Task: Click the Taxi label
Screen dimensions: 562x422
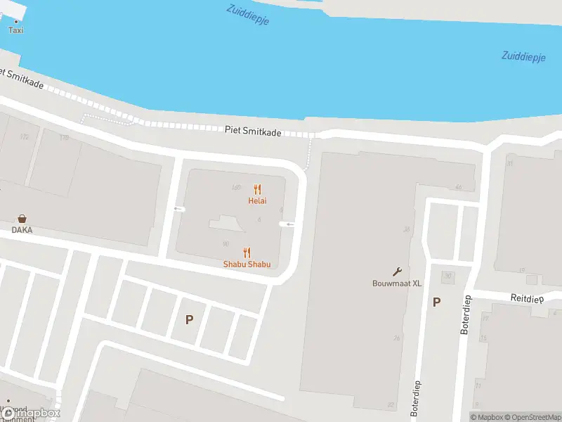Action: click(x=15, y=30)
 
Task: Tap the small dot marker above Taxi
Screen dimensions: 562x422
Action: click(x=15, y=21)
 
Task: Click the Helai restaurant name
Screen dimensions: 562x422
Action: click(x=257, y=200)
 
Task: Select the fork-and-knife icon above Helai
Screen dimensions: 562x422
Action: click(x=257, y=189)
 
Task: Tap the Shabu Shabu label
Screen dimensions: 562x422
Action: click(x=247, y=264)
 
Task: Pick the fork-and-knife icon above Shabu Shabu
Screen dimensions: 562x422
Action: click(x=247, y=252)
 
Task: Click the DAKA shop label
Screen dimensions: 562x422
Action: click(x=22, y=229)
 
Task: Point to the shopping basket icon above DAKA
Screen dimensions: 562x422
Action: click(x=22, y=219)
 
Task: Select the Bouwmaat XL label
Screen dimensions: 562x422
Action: click(x=397, y=283)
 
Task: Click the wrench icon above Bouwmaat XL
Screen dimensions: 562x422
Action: click(x=397, y=272)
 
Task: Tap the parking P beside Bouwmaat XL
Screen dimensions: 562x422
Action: click(x=436, y=302)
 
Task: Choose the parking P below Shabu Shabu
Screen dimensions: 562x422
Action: click(x=189, y=319)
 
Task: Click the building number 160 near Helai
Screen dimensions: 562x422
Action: click(x=236, y=187)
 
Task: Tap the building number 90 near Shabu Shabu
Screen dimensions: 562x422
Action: click(x=226, y=244)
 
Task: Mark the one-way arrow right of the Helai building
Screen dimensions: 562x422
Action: click(x=287, y=224)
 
